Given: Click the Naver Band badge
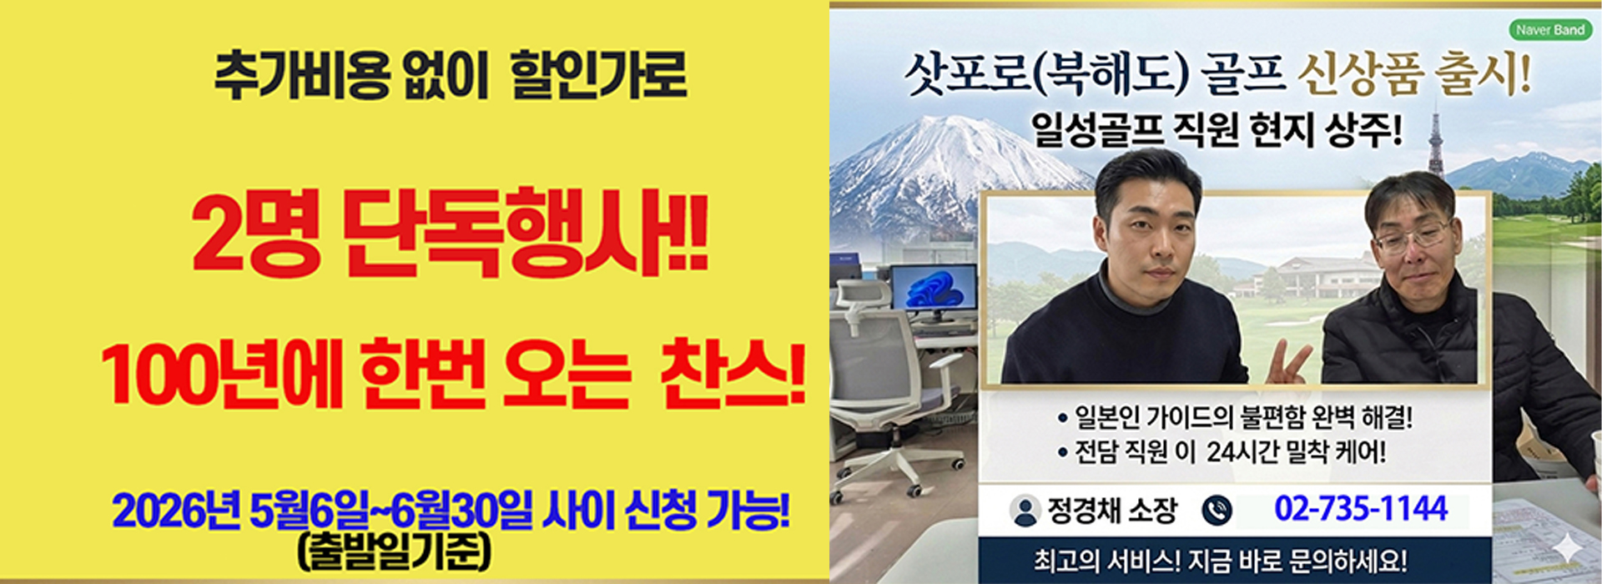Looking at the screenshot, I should coord(1549,30).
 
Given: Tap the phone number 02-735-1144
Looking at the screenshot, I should coord(1360,509).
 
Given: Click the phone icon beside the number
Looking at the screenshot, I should coord(1217,510).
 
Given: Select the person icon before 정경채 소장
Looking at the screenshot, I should coord(1024,511).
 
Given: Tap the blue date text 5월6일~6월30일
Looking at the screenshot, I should coord(390,511).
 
